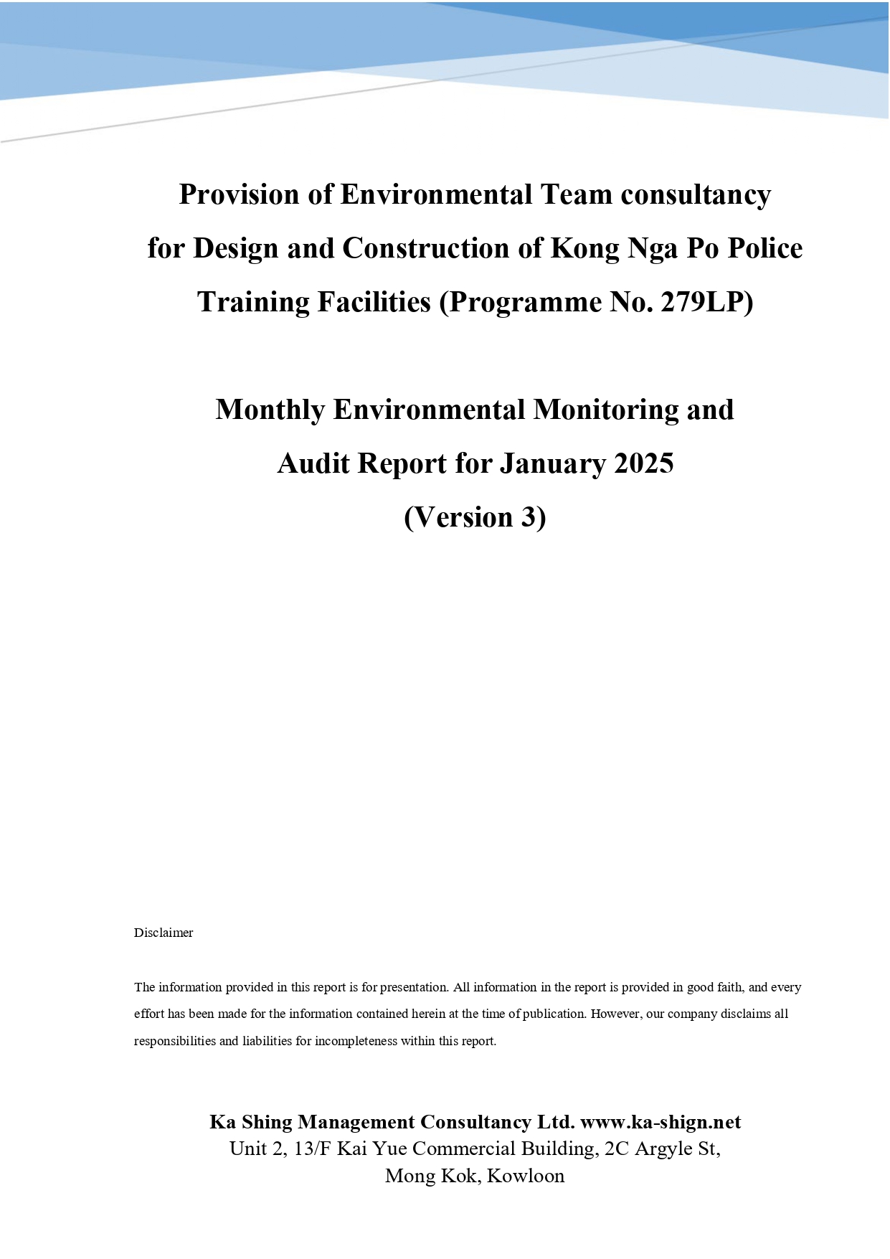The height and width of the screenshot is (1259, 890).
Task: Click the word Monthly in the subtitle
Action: pyautogui.click(x=270, y=410)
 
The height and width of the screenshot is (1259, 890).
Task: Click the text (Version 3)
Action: pyautogui.click(x=475, y=517)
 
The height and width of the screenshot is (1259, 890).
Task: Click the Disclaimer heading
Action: pyautogui.click(x=164, y=933)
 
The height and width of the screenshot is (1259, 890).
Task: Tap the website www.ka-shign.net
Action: pyautogui.click(x=660, y=1122)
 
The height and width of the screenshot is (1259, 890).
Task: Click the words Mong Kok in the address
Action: pyautogui.click(x=432, y=1176)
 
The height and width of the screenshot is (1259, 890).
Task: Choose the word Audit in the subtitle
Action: pyautogui.click(x=313, y=463)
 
